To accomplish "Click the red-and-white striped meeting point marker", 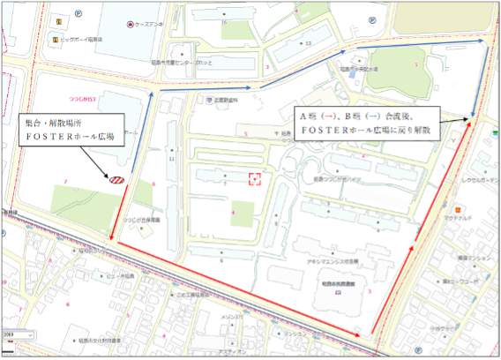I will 116,180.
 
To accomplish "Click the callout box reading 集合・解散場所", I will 71,131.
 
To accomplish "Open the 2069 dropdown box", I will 18,336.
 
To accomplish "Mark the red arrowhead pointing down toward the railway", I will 112,236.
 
